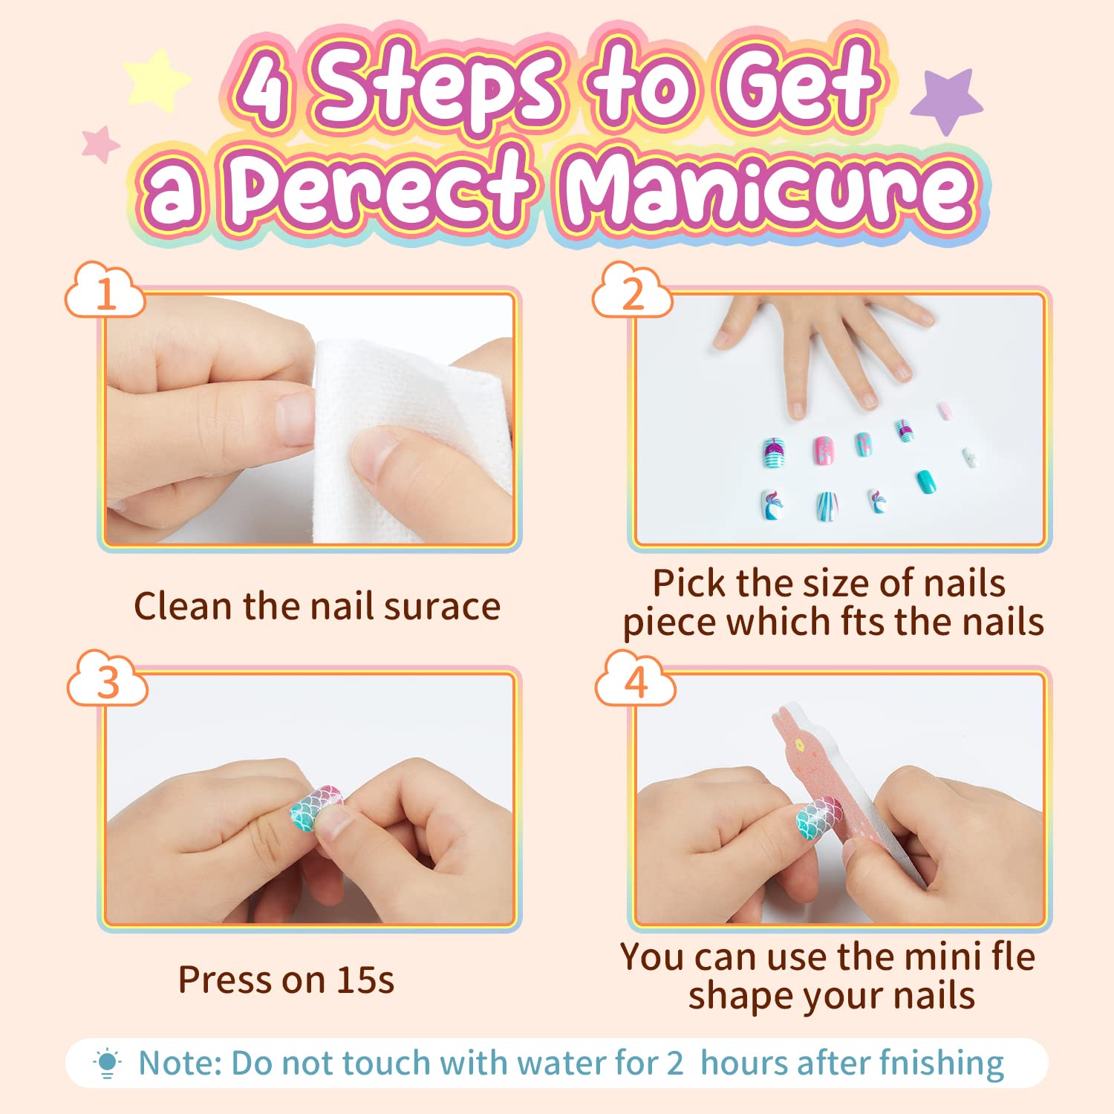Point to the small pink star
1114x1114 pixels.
[100, 143]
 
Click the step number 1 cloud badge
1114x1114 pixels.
[105, 293]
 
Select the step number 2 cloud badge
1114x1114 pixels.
[633, 293]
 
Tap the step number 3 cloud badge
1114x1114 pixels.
[108, 680]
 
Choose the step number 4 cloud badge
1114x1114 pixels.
[636, 680]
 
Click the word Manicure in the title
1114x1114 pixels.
[769, 189]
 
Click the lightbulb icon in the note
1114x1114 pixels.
[107, 1063]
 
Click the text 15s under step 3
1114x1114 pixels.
[365, 980]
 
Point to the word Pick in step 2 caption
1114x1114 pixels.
[689, 584]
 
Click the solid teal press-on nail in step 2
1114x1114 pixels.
[926, 481]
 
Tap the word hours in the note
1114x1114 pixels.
[744, 1063]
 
